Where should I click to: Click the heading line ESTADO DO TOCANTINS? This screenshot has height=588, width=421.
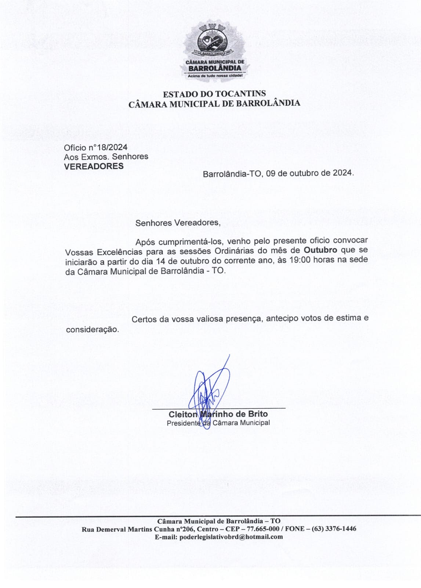click(214, 94)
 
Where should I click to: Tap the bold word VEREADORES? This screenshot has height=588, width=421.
click(94, 166)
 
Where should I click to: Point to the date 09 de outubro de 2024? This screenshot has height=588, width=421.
click(310, 173)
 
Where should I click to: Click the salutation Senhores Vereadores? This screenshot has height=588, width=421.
click(178, 223)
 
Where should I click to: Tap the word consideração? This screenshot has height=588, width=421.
click(92, 330)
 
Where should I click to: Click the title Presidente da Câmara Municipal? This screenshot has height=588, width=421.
click(218, 423)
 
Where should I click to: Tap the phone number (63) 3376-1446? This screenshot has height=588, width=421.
click(334, 529)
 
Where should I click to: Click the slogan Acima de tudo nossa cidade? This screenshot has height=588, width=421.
click(215, 76)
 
